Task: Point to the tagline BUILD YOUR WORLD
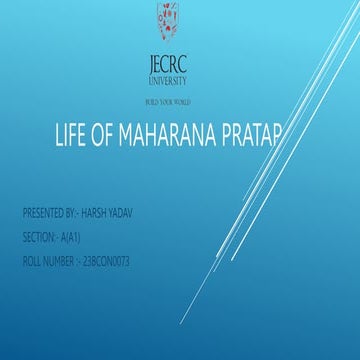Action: click(167, 102)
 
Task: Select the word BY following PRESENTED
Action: click(79, 214)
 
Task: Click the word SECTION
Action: click(38, 237)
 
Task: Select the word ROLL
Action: click(32, 261)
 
